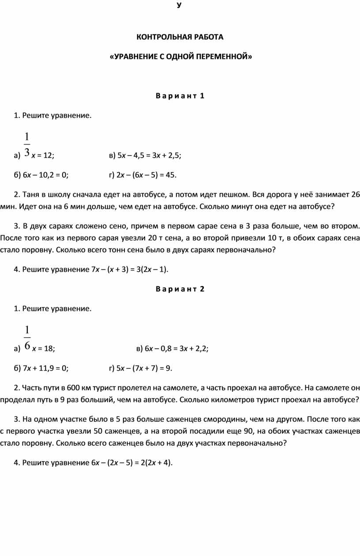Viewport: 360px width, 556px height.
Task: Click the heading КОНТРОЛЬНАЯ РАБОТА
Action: [x=180, y=37]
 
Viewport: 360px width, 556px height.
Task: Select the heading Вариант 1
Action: [x=180, y=96]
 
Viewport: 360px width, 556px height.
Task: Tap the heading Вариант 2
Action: [x=180, y=289]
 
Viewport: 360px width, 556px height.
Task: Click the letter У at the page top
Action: [x=179, y=5]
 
